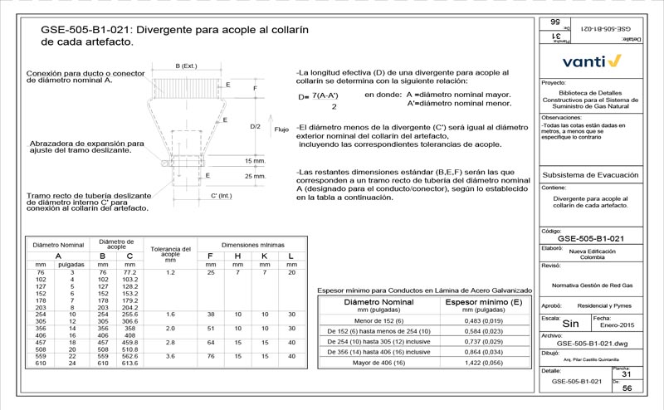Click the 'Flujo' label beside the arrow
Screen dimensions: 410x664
(281, 129)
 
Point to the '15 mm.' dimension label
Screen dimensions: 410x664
(256, 160)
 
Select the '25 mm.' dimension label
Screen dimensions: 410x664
(256, 177)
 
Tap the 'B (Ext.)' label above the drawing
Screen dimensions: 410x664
(186, 66)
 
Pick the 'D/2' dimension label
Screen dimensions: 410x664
(256, 126)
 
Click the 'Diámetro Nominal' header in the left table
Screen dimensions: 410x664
(58, 246)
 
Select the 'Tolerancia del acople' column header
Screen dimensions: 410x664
(170, 251)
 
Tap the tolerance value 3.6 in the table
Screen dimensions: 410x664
(170, 356)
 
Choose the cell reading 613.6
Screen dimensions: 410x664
(129, 364)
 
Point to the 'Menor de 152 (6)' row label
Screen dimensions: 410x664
(379, 321)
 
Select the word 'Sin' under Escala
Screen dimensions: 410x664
(570, 325)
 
